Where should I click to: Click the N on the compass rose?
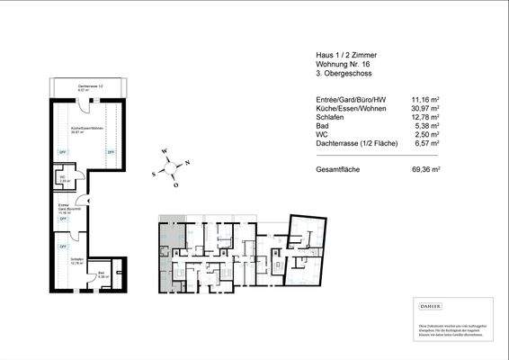[187, 164]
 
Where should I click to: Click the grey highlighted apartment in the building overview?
[169, 256]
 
